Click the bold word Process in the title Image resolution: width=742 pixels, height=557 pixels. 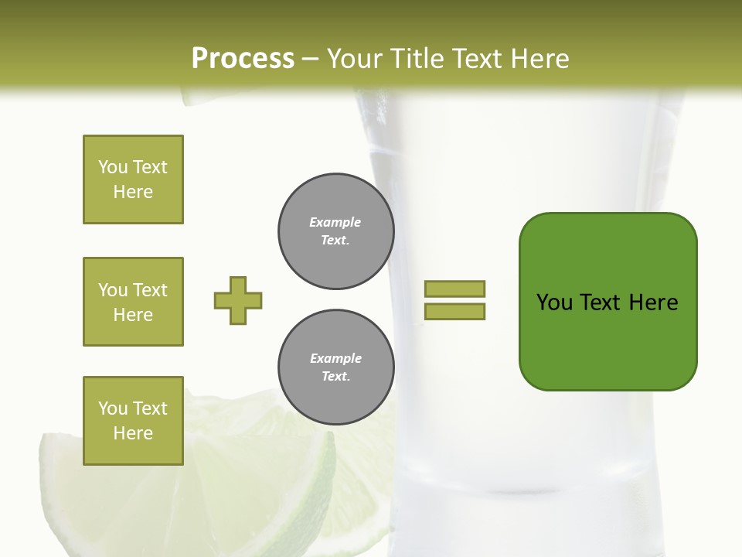(243, 59)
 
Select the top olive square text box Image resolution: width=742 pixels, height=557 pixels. (133, 179)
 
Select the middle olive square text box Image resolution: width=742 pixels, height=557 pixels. (133, 302)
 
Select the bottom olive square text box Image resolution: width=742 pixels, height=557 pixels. (133, 421)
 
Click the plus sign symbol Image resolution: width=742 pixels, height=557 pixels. (238, 300)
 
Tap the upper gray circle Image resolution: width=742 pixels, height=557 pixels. (335, 231)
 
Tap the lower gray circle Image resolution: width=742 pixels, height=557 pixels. (335, 367)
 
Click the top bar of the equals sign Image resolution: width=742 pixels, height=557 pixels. (454, 289)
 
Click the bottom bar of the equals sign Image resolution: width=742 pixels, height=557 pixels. (454, 311)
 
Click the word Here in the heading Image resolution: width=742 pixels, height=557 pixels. (540, 59)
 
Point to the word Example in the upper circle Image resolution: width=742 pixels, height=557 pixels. (335, 222)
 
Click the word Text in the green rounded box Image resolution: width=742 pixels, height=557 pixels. (601, 302)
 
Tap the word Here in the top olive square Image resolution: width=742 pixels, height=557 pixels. (133, 192)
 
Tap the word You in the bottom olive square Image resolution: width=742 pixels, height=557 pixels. (113, 408)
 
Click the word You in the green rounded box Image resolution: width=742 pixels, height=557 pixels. (554, 302)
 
